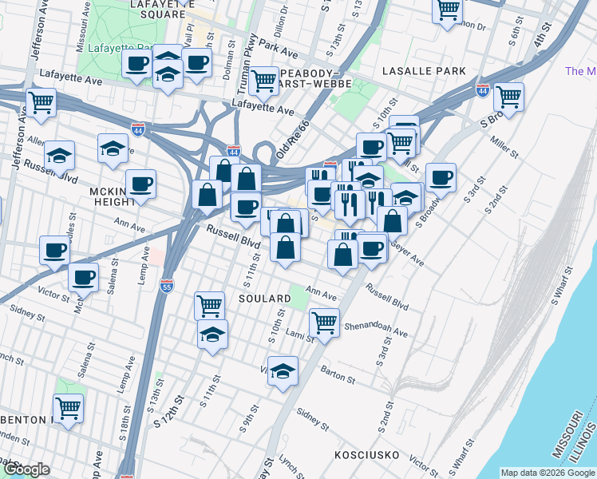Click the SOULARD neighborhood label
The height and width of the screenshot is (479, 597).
pyautogui.click(x=263, y=299)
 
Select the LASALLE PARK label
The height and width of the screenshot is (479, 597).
pyautogui.click(x=423, y=71)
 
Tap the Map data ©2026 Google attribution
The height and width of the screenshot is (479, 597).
pyautogui.click(x=548, y=473)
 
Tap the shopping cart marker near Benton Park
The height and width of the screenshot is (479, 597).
pyautogui.click(x=68, y=409)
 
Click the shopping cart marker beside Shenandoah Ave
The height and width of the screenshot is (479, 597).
pyautogui.click(x=324, y=323)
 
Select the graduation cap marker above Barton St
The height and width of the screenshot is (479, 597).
pyautogui.click(x=283, y=371)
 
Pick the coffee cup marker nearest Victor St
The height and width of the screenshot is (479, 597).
pyautogui.click(x=83, y=279)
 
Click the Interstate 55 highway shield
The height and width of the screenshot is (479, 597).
pyautogui.click(x=165, y=285)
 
